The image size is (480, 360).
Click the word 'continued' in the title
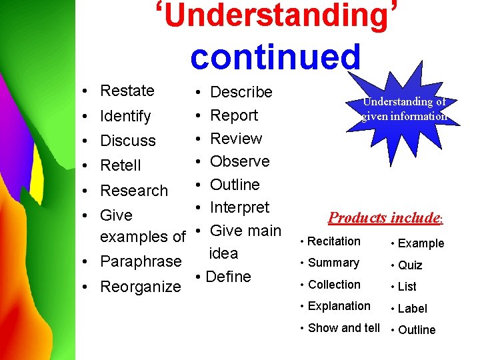pyautogui.click(x=275, y=57)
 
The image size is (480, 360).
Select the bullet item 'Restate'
pyautogui.click(x=127, y=91)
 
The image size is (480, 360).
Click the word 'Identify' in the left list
pyautogui.click(x=125, y=116)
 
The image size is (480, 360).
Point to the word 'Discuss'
pyautogui.click(x=127, y=141)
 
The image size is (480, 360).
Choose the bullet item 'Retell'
pyautogui.click(x=120, y=165)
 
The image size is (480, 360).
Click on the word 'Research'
pyautogui.click(x=133, y=190)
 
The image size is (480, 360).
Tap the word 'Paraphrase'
pyautogui.click(x=140, y=261)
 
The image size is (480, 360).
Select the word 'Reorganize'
pyautogui.click(x=140, y=287)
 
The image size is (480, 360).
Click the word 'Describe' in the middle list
pyautogui.click(x=241, y=92)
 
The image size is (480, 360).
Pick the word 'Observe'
pyautogui.click(x=239, y=161)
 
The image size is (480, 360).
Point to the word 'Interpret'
pyautogui.click(x=239, y=207)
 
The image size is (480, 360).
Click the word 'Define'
pyautogui.click(x=229, y=277)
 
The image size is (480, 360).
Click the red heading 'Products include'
pyautogui.click(x=385, y=218)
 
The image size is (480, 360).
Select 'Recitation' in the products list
pyautogui.click(x=334, y=241)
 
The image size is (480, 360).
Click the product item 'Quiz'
pyautogui.click(x=410, y=265)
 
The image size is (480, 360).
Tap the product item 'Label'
pyautogui.click(x=412, y=308)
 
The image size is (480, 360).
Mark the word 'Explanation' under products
pyautogui.click(x=339, y=306)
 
